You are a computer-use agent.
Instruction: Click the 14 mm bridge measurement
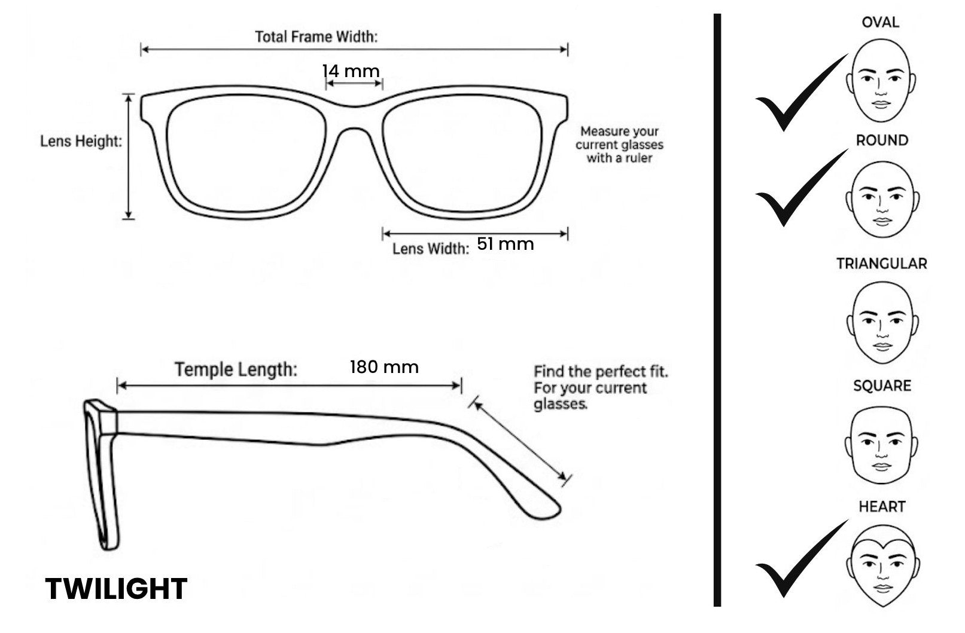coord(351,71)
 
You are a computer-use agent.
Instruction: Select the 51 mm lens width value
coord(506,244)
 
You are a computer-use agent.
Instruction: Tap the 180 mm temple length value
coord(384,367)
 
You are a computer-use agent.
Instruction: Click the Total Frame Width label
coord(316,37)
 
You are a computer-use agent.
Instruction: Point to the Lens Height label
coord(81,141)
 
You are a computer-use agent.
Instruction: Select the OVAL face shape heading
coord(881,22)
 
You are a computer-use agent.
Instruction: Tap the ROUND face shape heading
coord(882,140)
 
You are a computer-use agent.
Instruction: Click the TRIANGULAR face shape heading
coord(882,264)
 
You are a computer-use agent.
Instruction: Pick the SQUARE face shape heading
coord(882,386)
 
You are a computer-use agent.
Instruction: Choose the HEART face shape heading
coord(882,506)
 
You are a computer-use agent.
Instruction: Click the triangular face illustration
coord(882,323)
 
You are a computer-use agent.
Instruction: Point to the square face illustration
coord(881,445)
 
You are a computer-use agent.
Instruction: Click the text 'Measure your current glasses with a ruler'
coord(619,145)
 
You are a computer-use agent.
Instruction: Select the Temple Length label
coord(236,369)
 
